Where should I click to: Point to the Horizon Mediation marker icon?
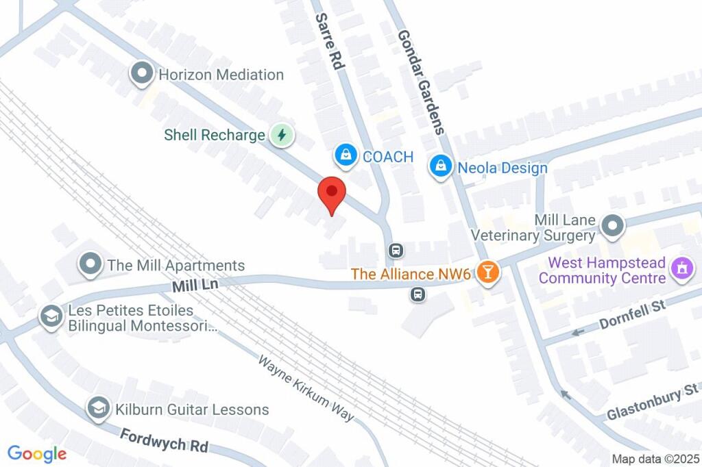click(x=142, y=74)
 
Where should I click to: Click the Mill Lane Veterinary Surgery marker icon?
click(x=611, y=225)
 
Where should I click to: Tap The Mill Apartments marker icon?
click(x=90, y=265)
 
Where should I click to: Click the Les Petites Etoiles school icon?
click(x=51, y=318)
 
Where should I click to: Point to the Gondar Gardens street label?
click(x=421, y=82)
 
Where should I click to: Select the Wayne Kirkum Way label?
click(x=306, y=388)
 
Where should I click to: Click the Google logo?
click(x=37, y=453)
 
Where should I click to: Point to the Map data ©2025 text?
click(x=655, y=458)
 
